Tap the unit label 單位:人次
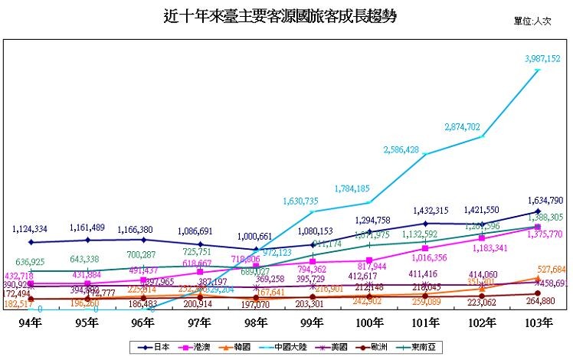[532, 21]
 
